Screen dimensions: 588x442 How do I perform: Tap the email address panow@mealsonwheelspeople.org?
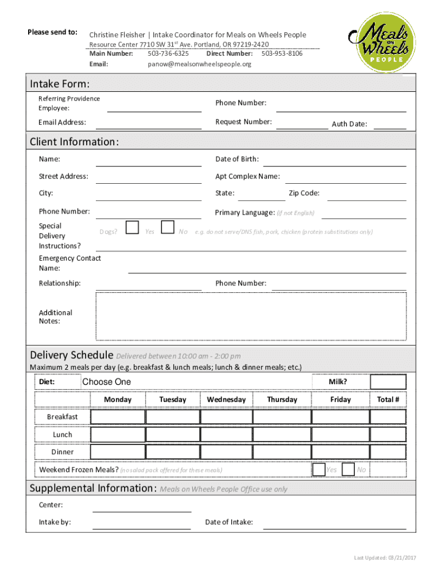[199, 64]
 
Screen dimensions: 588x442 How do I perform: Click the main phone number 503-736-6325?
[168, 53]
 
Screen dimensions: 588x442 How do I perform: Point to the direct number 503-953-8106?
[282, 53]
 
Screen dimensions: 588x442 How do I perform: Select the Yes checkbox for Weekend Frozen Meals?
[319, 469]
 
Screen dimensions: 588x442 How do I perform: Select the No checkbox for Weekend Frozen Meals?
[348, 469]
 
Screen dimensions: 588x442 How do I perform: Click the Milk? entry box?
[388, 382]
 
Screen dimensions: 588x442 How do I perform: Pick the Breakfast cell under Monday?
[118, 416]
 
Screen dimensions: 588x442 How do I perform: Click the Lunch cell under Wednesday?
[226, 434]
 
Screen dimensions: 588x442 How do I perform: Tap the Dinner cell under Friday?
[340, 452]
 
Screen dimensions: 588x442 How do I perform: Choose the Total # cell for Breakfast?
[388, 416]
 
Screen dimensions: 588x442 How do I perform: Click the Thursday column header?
[282, 399]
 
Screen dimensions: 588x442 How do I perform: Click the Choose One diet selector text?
[107, 382]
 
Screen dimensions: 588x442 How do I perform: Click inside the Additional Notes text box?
[251, 316]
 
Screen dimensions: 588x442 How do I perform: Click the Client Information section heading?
[75, 142]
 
